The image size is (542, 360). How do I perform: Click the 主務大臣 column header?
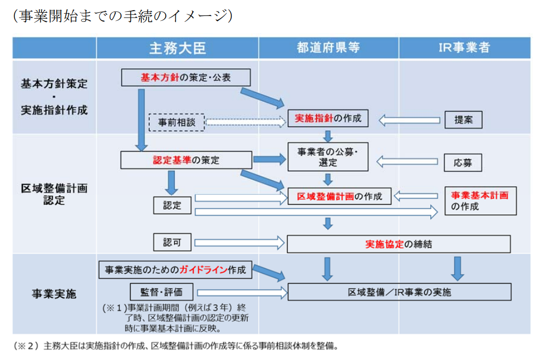click(177, 48)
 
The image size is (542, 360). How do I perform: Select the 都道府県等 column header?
click(328, 48)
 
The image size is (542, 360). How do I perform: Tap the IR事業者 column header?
click(464, 48)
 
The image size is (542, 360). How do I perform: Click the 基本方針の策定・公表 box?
click(185, 78)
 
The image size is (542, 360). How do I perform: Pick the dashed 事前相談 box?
click(176, 122)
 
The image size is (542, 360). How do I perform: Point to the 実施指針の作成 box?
click(328, 118)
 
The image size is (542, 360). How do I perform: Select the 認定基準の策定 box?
click(185, 160)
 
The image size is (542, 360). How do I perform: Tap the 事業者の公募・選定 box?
click(328, 157)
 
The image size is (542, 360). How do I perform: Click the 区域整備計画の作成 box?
click(339, 196)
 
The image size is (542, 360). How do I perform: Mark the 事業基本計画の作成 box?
click(480, 201)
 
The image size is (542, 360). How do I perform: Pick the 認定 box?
click(172, 205)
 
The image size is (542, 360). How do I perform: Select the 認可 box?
click(172, 243)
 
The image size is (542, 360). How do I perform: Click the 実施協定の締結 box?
click(399, 244)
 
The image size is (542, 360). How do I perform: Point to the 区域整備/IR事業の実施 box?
click(399, 292)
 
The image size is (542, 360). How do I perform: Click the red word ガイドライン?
click(203, 270)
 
